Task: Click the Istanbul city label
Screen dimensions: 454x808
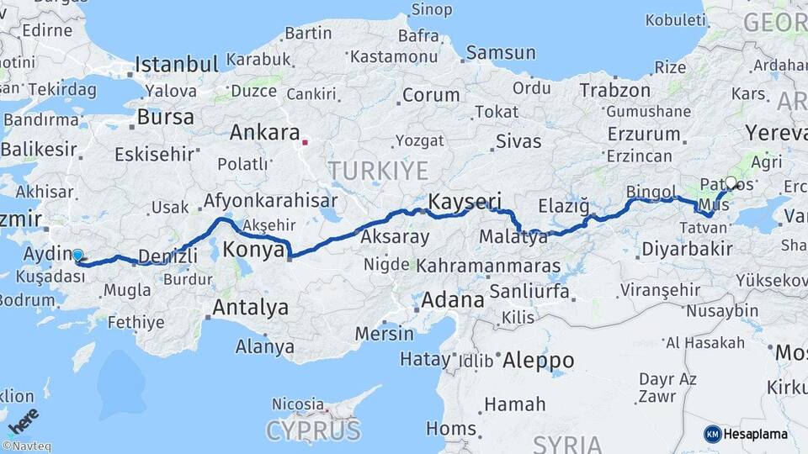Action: tap(177, 64)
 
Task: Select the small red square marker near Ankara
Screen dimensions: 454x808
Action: tap(306, 142)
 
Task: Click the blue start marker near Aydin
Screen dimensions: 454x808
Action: tap(78, 255)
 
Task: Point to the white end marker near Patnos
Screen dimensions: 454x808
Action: tap(731, 182)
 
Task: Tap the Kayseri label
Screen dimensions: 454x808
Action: tap(465, 202)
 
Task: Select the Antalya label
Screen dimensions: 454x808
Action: tap(250, 308)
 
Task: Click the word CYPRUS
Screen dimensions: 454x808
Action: tap(313, 430)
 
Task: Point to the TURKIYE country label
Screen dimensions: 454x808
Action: tap(378, 171)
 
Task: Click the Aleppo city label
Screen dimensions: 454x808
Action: tap(538, 361)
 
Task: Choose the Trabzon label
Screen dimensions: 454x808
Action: tap(615, 90)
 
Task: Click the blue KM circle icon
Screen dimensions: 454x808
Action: tap(713, 434)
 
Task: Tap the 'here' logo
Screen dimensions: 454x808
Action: tap(23, 420)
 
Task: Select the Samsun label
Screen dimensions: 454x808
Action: tap(500, 52)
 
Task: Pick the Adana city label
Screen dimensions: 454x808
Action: tap(453, 299)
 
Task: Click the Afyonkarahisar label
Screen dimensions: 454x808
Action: tap(270, 201)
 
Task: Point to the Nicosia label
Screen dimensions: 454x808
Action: tap(298, 404)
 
